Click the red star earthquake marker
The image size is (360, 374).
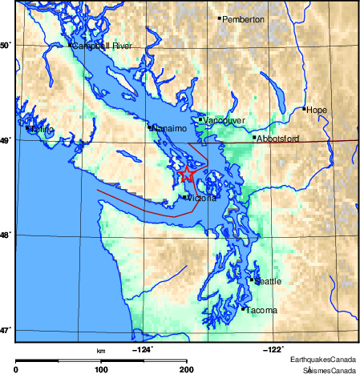pos(186,173)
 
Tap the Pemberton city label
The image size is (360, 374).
pos(243,19)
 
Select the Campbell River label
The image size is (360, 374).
pos(103,46)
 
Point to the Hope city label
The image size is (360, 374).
pos(318,110)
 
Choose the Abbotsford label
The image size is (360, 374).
pos(277,139)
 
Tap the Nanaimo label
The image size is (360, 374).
pos(169,128)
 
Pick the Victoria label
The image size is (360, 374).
pos(201,198)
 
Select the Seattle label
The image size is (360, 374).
pos(268,281)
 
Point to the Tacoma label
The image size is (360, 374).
pos(261,310)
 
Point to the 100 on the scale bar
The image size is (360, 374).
pos(101,369)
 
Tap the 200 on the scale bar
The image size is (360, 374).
pos(186,369)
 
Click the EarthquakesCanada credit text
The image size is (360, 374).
pos(324,359)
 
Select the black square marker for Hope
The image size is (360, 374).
pos(305,109)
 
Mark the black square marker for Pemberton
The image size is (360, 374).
pos(220,18)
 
